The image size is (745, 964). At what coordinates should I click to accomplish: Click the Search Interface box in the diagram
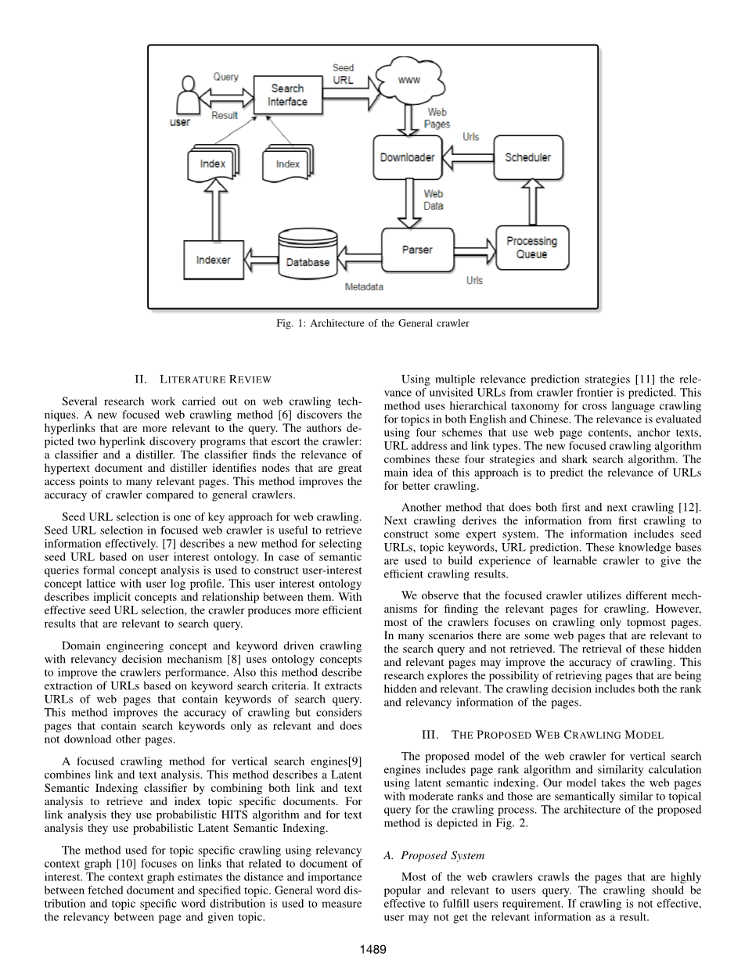click(x=287, y=95)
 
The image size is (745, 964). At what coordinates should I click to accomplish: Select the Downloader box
click(x=407, y=157)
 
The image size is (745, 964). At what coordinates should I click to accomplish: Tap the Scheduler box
click(x=527, y=157)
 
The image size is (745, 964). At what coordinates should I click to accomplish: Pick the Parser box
click(x=417, y=250)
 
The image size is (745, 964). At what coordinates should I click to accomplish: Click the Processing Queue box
click(x=531, y=247)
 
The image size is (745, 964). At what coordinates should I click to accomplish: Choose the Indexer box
click(x=213, y=259)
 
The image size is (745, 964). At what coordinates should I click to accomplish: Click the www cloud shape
click(x=409, y=81)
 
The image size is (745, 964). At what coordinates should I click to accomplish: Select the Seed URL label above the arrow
click(x=344, y=74)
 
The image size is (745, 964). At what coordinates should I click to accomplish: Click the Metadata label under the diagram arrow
click(x=364, y=287)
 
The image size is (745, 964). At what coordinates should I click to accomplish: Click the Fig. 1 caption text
click(x=372, y=323)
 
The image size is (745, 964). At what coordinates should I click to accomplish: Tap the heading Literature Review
click(x=203, y=379)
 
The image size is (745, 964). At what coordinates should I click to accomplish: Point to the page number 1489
click(x=372, y=949)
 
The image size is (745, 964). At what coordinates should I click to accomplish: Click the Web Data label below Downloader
click(x=433, y=200)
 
